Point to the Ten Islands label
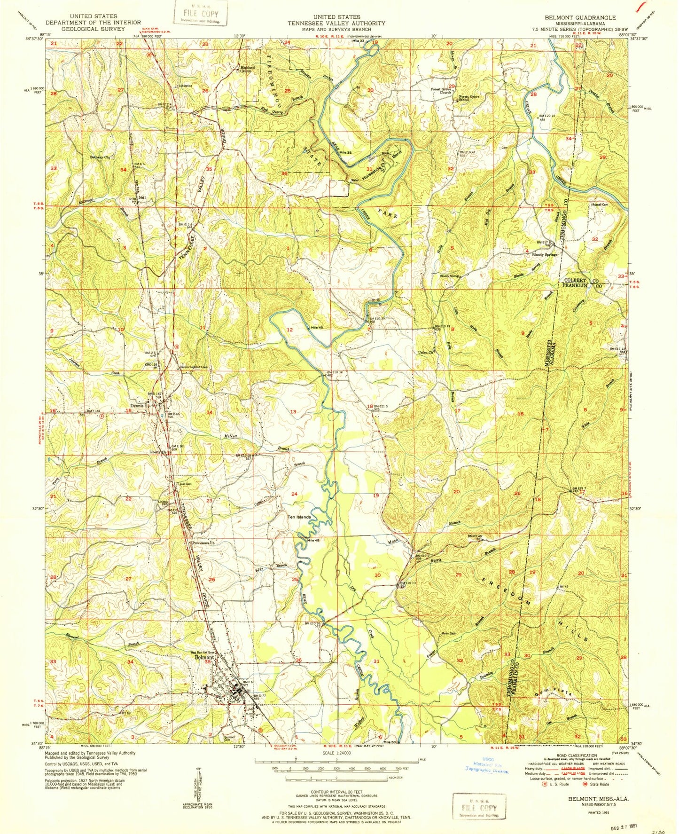point(299,517)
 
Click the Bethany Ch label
point(100,157)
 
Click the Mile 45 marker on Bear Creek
point(313,541)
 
